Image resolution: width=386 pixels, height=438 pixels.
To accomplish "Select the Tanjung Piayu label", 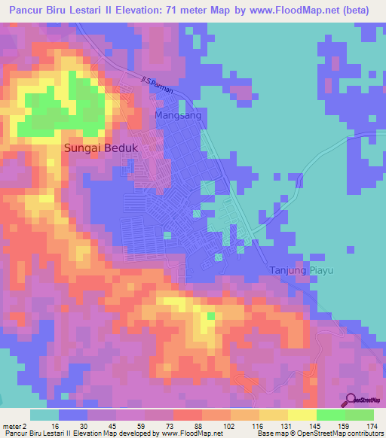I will (x=302, y=270).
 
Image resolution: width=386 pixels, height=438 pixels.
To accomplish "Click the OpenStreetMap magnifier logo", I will (x=351, y=400).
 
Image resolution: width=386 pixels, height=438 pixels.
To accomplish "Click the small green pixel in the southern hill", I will (x=212, y=316).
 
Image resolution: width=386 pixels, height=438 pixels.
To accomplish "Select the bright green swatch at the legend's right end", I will (x=360, y=415).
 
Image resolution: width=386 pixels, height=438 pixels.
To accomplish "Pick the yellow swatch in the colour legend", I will (x=302, y=415).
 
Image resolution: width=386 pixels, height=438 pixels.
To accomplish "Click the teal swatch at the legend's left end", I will (x=44, y=415).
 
